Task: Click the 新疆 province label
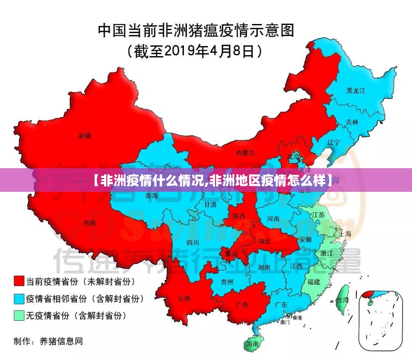[85, 135]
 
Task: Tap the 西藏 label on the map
[90, 223]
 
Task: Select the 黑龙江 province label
[356, 91]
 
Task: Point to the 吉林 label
[352, 122]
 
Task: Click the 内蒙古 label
[245, 153]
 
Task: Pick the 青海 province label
[151, 196]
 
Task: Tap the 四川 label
[193, 243]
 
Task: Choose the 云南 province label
[184, 298]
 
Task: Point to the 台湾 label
[342, 300]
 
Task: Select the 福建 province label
[314, 282]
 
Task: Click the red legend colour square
[19, 281]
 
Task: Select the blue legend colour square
[19, 298]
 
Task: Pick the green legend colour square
[19, 315]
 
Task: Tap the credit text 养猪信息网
[61, 341]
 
